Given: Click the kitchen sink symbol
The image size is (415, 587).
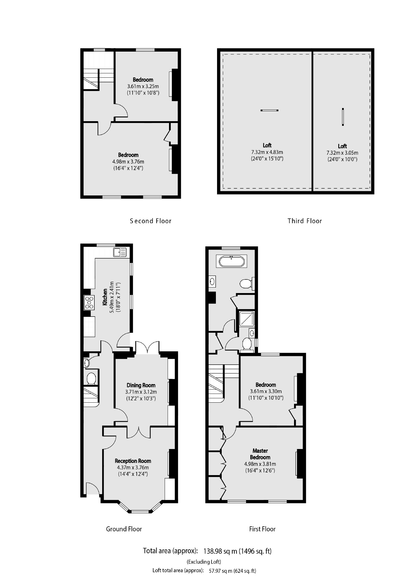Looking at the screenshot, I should [x=120, y=252].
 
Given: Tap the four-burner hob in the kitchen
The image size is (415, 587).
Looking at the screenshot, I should [x=89, y=302].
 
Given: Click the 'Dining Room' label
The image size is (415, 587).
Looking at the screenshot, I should [x=141, y=385].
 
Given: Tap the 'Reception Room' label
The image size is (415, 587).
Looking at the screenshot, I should [x=133, y=461].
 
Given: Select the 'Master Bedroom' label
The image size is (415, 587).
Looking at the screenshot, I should [x=260, y=454].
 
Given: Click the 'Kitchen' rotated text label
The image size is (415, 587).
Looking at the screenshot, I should [x=105, y=297].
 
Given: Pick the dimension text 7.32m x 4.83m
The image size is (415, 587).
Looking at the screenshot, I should [x=267, y=152].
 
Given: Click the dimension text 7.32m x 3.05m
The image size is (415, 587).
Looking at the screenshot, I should [x=342, y=153].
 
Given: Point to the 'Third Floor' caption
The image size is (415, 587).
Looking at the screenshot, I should [x=304, y=221].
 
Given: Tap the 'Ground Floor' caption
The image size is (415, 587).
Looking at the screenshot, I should [x=124, y=529].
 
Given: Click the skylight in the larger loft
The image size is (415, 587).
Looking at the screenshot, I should [x=269, y=110].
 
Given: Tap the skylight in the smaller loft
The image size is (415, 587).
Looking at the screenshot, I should [x=343, y=117].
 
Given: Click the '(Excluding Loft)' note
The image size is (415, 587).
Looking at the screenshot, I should [x=204, y=562].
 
